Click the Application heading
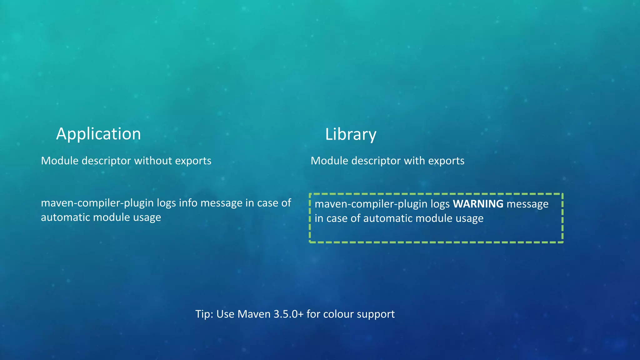pyautogui.click(x=98, y=134)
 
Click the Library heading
pyautogui.click(x=351, y=134)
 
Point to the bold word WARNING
pyautogui.click(x=478, y=204)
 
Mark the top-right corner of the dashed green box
pyautogui.click(x=562, y=194)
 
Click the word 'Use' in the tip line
pyautogui.click(x=225, y=314)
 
